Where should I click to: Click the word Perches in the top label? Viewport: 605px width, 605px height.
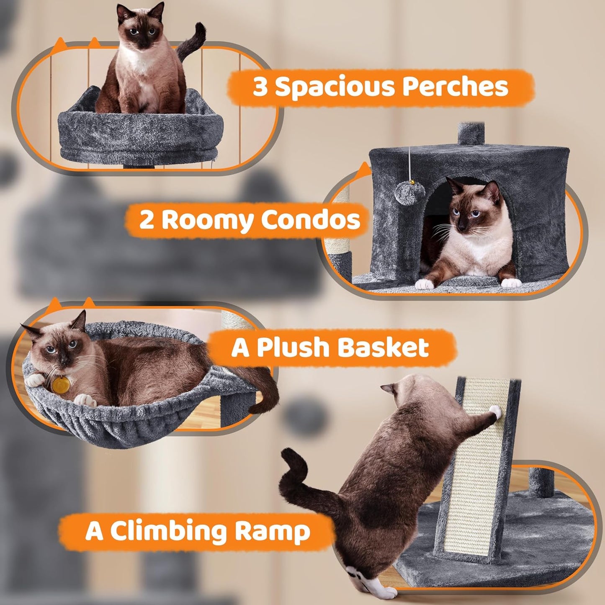pyautogui.click(x=455, y=87)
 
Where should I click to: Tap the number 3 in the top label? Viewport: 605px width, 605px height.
pyautogui.click(x=260, y=88)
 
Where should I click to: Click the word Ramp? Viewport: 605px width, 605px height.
pyautogui.click(x=273, y=531)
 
